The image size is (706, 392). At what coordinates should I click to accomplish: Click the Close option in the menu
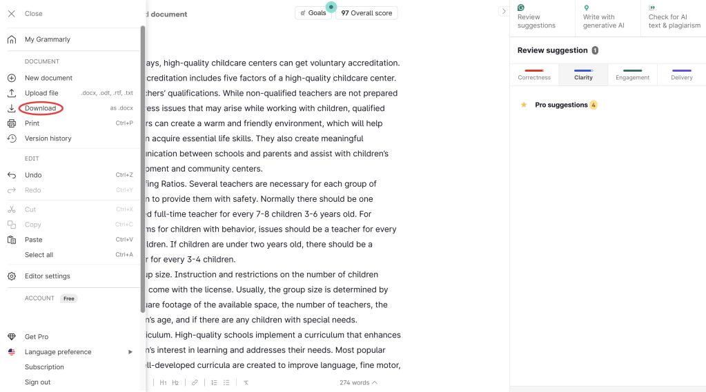(x=33, y=14)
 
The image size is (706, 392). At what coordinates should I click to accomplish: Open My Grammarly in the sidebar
(x=47, y=39)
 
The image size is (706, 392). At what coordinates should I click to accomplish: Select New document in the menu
(x=48, y=78)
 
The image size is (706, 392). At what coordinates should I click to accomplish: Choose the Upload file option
(x=41, y=93)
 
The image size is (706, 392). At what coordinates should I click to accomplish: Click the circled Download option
(x=40, y=108)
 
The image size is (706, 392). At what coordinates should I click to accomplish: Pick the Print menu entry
(x=32, y=123)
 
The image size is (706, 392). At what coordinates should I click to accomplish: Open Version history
(x=48, y=138)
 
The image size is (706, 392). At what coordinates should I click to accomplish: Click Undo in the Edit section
(x=33, y=175)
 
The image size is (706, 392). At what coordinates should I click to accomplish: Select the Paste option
(x=34, y=240)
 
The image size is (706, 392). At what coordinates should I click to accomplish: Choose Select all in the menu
(x=39, y=255)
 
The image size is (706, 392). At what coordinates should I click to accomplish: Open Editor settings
(x=47, y=276)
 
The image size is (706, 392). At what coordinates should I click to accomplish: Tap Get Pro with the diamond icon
(x=37, y=337)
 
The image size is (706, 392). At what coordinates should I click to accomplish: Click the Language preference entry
(x=58, y=352)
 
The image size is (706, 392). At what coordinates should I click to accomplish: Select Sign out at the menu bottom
(x=37, y=382)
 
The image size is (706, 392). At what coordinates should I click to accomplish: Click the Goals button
(x=313, y=13)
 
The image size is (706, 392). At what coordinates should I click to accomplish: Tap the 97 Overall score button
(x=366, y=13)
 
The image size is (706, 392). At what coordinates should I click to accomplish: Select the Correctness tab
(x=534, y=74)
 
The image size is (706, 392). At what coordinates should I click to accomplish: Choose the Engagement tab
(x=632, y=74)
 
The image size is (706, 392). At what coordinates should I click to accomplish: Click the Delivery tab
(x=681, y=74)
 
